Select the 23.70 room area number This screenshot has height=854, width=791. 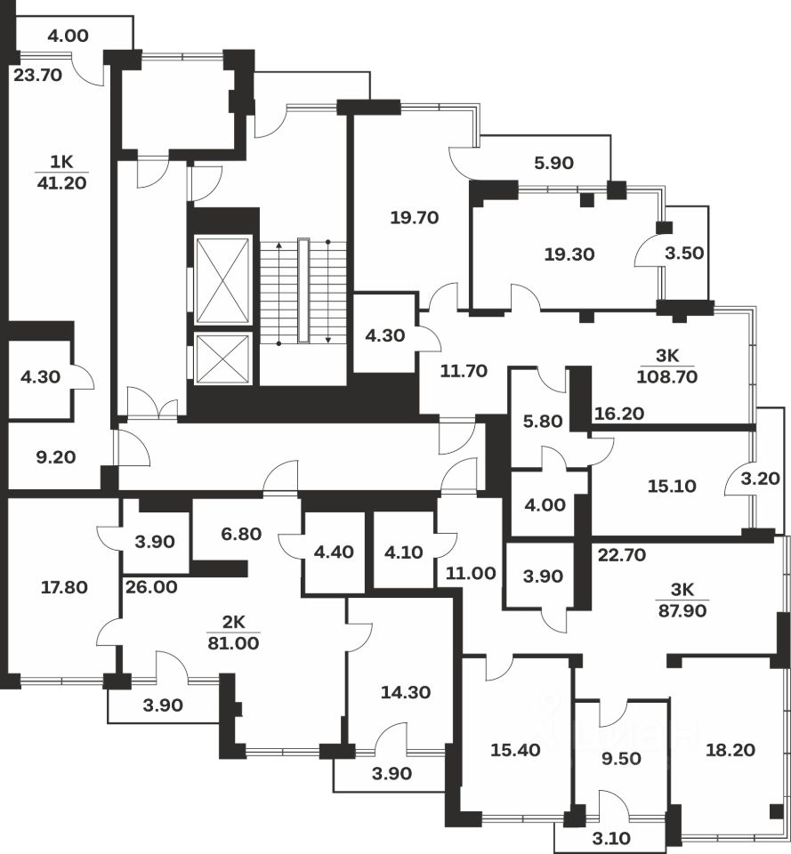(x=38, y=76)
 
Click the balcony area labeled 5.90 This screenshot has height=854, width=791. (x=554, y=163)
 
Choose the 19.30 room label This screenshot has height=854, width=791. (x=569, y=254)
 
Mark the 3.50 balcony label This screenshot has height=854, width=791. (x=685, y=253)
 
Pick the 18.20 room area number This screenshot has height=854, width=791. (x=730, y=750)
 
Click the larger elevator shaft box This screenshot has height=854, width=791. (x=222, y=280)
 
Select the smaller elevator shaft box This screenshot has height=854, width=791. (x=222, y=359)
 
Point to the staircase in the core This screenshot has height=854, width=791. (x=303, y=291)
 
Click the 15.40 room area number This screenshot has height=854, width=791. (x=516, y=750)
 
